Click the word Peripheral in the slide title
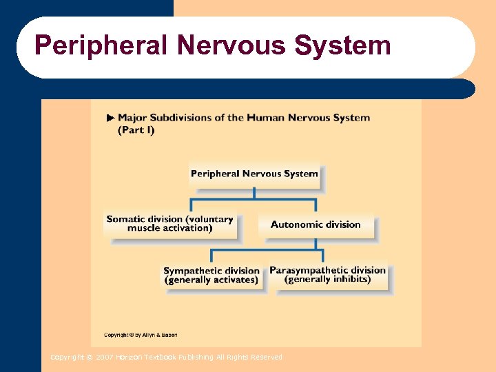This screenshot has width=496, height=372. tap(101, 45)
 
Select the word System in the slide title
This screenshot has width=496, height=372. tap(342, 45)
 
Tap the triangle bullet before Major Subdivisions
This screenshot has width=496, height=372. tap(110, 118)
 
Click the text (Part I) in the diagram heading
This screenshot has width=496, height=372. tap(136, 130)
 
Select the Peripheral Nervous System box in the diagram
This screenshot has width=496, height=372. tap(254, 174)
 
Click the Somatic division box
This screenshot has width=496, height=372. tap(169, 224)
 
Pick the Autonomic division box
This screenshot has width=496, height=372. tap(316, 225)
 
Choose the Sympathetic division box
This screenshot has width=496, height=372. tap(211, 276)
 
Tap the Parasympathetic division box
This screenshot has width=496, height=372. tap(327, 275)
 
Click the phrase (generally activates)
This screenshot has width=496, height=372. tap(211, 280)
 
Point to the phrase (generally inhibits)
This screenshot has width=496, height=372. tap(327, 280)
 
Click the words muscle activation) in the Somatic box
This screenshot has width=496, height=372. tap(169, 229)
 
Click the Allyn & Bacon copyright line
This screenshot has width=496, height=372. tap(141, 335)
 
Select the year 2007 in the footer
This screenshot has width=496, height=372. tap(105, 357)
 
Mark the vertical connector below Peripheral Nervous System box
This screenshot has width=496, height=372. tap(254, 192)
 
